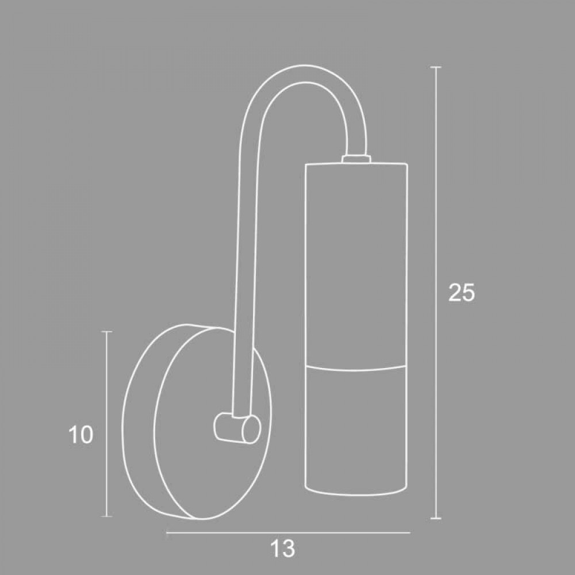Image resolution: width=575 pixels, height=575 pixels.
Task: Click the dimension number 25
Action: tap(462, 292)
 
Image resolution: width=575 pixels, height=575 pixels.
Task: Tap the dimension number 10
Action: tap(80, 435)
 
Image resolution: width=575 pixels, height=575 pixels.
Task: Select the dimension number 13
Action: tap(282, 549)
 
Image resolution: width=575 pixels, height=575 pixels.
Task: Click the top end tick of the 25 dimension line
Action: tap(435, 67)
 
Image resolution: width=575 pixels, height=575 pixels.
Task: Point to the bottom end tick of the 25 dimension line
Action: tap(435, 518)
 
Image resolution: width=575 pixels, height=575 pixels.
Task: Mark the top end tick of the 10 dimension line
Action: tap(106, 332)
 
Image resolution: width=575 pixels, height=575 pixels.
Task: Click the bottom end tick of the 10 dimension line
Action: tap(106, 516)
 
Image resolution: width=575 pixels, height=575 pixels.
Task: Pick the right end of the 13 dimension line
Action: tap(409, 532)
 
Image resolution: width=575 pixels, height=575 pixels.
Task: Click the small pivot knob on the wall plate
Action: tap(236, 428)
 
